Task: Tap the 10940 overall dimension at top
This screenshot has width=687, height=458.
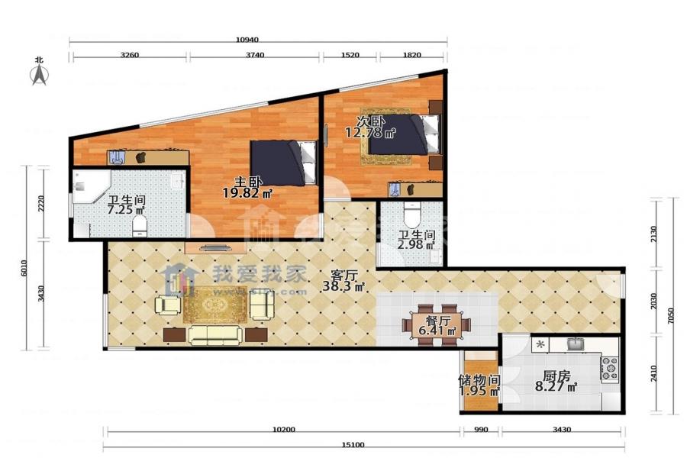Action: (247, 40)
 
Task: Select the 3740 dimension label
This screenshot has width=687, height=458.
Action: (254, 55)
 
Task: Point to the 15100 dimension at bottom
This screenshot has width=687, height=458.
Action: (353, 445)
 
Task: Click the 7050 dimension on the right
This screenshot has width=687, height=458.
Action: (670, 315)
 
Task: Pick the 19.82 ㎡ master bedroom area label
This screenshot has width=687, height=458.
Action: (247, 192)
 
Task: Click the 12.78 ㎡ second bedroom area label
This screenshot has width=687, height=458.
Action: (370, 132)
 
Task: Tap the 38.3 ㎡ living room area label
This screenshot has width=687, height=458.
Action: (343, 287)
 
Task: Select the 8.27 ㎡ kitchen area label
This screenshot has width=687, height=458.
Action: (556, 386)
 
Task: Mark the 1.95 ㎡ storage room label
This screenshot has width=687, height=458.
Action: (479, 391)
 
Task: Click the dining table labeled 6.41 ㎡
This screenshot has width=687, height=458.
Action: (436, 324)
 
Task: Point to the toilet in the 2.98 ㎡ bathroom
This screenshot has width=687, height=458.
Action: (412, 214)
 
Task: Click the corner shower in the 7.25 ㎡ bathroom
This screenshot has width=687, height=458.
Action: (90, 186)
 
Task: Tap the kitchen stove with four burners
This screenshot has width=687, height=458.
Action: (609, 369)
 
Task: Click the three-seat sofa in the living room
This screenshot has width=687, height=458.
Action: (215, 335)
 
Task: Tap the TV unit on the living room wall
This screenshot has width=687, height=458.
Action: (215, 247)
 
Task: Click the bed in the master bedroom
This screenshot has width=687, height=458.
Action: (283, 163)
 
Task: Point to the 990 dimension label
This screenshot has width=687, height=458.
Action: (481, 430)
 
